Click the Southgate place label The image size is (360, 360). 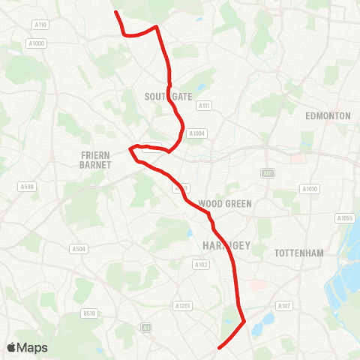point(169,97)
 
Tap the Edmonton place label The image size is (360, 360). point(328,116)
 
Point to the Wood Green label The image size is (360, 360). point(225,203)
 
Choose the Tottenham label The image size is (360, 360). point(299,253)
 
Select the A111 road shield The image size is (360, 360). point(203,106)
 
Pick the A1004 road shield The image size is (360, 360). point(196,133)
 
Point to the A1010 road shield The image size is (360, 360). point(309,188)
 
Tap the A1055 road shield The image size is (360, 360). point(344,218)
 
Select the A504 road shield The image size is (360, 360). point(78,248)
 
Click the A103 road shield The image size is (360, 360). point(200,264)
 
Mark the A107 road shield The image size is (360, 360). point(283,306)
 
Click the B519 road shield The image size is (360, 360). point(90,313)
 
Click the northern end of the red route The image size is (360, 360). point(115,12)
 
